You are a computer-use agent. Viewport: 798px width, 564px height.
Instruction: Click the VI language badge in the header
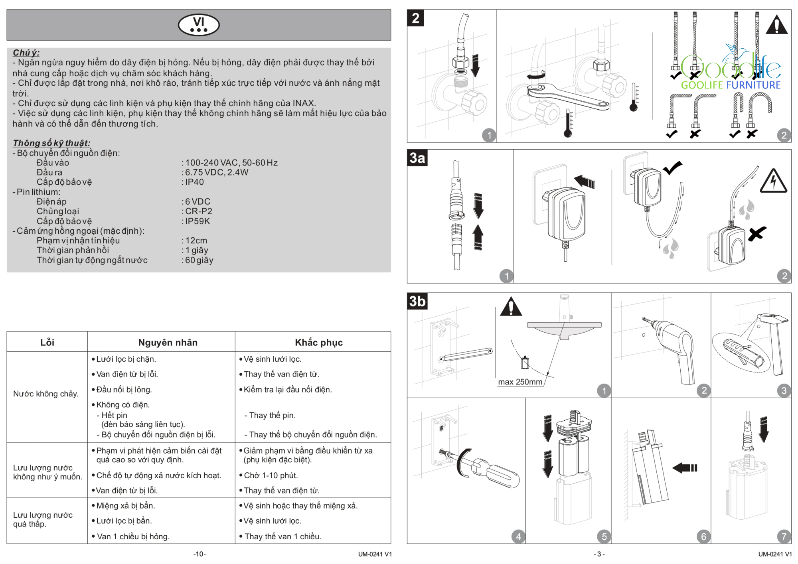[199, 25]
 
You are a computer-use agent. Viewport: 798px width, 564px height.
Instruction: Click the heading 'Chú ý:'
[26, 53]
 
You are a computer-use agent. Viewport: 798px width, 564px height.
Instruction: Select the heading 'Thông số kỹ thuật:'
[51, 143]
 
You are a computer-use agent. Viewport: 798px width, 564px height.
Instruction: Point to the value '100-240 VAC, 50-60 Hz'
[231, 163]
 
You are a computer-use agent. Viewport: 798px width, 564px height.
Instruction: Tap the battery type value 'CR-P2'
[199, 211]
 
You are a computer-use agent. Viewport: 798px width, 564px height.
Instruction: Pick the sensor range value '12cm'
[196, 241]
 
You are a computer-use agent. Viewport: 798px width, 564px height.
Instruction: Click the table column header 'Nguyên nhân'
[168, 342]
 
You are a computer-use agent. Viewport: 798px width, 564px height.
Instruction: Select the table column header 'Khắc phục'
[319, 342]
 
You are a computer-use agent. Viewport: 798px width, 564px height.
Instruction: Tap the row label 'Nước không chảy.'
[46, 394]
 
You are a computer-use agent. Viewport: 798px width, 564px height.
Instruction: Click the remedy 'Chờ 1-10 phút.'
[271, 475]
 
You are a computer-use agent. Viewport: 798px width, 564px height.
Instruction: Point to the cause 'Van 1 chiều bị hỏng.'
[133, 536]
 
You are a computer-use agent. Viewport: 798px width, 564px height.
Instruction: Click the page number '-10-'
[199, 554]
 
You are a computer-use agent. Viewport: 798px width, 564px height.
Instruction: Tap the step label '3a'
[417, 158]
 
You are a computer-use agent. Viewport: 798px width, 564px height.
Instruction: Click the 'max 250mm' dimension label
[520, 382]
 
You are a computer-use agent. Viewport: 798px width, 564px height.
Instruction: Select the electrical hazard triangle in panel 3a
[773, 181]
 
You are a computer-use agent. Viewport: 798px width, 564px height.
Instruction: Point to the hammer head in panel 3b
[773, 319]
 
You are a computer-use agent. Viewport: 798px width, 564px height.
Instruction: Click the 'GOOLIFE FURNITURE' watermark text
[731, 85]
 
